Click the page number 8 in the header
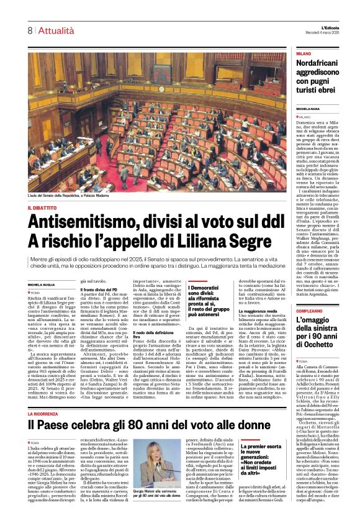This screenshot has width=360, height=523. coord(30,30)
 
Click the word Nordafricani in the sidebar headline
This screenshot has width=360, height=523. coord(326,65)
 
